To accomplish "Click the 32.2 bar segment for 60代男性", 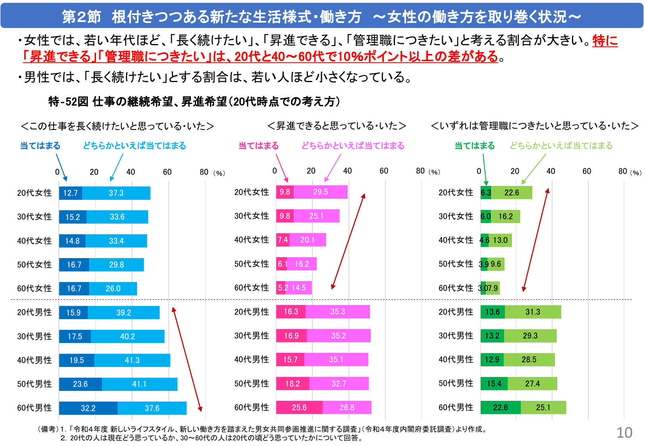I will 88,408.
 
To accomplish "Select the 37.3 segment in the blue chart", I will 116,193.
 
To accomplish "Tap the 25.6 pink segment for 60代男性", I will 299,408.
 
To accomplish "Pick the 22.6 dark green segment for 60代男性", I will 501,408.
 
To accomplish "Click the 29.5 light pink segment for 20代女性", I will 320,192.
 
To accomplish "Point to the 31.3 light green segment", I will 533,312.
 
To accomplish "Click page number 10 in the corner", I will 624,433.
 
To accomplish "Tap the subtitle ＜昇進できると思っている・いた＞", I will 337,126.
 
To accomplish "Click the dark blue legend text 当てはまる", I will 40,146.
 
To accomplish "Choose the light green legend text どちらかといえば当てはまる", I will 561,146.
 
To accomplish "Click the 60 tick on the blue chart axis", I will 167,172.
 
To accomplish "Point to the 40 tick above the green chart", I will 551,171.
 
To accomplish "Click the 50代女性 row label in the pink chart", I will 252,264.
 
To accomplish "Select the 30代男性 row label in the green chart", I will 456,336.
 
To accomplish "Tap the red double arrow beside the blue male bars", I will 187,359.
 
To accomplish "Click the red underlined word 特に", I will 605,40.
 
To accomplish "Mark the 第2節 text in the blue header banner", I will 81,17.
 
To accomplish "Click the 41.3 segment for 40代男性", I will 132,360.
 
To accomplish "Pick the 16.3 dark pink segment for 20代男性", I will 291,312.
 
